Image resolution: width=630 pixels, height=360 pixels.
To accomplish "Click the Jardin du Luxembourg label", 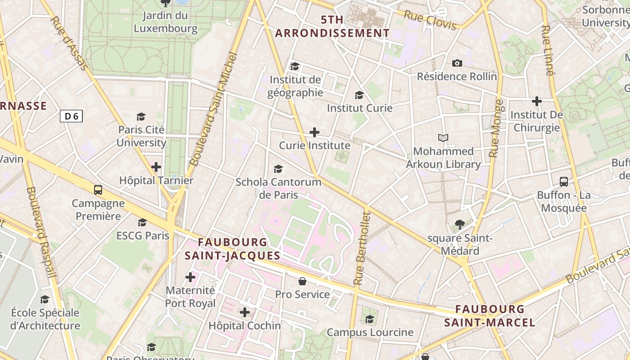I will (165, 22).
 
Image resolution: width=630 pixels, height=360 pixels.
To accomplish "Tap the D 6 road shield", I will (71, 116).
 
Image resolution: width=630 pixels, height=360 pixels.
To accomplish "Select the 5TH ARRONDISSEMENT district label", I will (332, 26).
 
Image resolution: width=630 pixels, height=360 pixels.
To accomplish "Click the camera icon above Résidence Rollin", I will (457, 63).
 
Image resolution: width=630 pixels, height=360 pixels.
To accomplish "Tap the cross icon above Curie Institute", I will (315, 132).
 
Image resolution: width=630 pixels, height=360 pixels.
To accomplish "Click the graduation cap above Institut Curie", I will (359, 95).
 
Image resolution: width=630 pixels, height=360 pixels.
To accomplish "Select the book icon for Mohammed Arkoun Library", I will (443, 138).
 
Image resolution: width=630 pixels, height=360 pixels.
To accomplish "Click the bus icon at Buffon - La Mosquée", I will (563, 182).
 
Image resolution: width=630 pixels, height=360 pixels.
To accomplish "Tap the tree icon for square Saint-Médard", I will (459, 224).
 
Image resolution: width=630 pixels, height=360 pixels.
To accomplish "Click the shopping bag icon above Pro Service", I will (302, 281).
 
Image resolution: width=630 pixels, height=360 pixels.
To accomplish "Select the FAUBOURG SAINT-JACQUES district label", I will (232, 249).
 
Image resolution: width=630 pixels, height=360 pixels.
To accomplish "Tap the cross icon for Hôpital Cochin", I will (244, 312).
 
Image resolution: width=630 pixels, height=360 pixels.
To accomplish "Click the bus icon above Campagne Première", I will (98, 189).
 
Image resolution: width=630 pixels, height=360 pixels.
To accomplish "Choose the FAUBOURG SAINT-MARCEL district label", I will (490, 315).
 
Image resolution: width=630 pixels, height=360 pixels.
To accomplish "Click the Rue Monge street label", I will (496, 128).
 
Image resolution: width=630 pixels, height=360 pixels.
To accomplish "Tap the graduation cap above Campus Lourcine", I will (369, 319).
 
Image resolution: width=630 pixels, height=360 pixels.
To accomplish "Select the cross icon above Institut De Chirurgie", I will (536, 101).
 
